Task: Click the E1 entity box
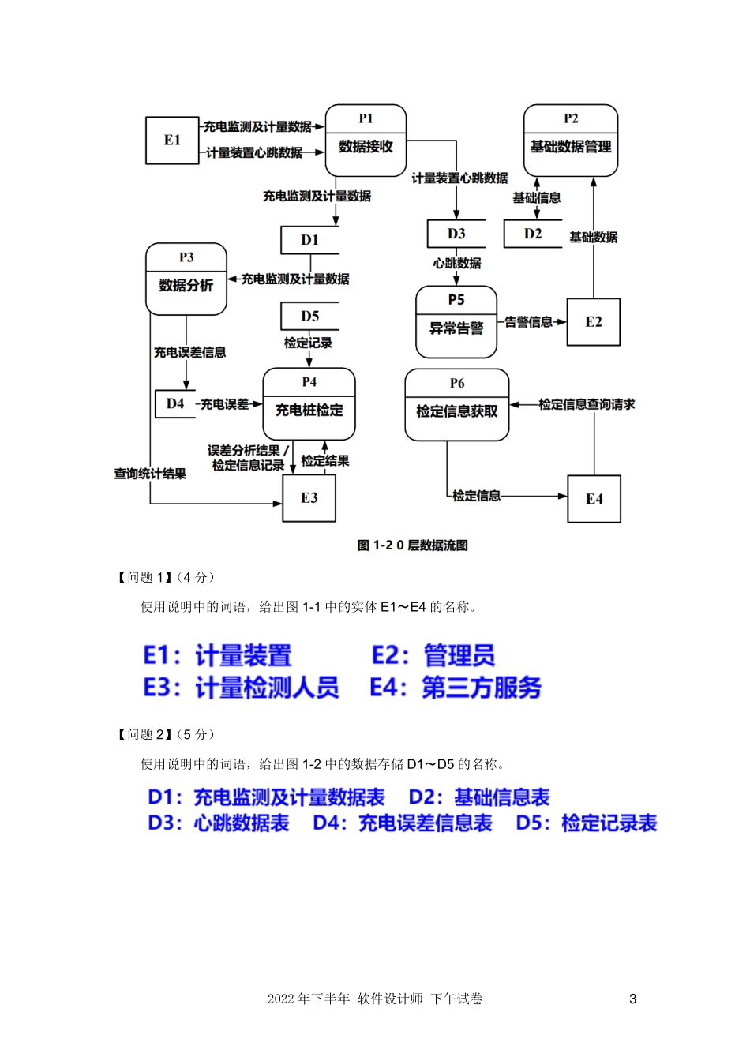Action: [x=172, y=141]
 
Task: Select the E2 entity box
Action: [x=593, y=322]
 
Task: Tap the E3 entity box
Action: [x=309, y=498]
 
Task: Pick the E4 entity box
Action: [x=594, y=499]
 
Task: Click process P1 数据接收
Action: [x=366, y=141]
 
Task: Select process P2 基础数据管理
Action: [x=570, y=141]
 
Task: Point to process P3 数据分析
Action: [x=186, y=279]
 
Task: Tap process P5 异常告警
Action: [x=456, y=322]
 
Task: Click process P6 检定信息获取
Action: [x=456, y=405]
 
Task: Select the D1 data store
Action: [x=309, y=240]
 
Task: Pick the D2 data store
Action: [x=533, y=234]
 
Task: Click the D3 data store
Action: [x=456, y=234]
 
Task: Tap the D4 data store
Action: [x=175, y=403]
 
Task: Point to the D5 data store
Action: [x=309, y=316]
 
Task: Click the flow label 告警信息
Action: [x=528, y=322]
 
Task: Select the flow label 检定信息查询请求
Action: [x=587, y=404]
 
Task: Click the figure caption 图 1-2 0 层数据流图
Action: [x=412, y=545]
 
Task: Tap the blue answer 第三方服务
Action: [x=482, y=688]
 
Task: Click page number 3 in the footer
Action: [x=632, y=999]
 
